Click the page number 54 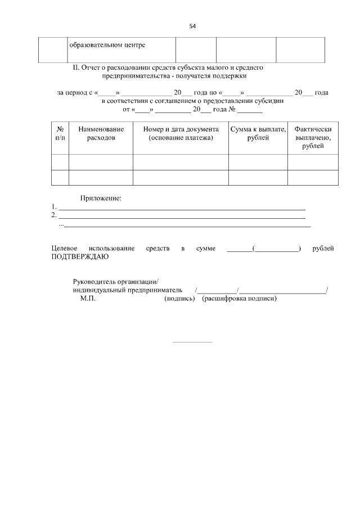coord(192,26)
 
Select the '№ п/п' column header coord(60,133)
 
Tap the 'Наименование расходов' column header coord(101,133)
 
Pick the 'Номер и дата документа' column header coord(181,133)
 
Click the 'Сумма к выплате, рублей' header coord(258,133)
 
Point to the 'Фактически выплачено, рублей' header coord(313,137)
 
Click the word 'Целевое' coord(63,248)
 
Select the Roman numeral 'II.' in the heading coord(77,67)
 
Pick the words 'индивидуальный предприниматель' coord(128,290)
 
